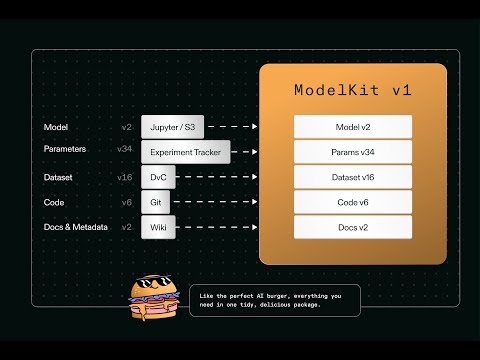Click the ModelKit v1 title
353,90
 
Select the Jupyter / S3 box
172,127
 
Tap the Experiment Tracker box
186,152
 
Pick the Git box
156,202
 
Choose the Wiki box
157,227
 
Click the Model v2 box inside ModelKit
353,127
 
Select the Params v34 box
353,152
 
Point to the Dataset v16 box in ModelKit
353,177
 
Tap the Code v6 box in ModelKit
353,202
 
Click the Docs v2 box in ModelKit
353,227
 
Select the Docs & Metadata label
75,227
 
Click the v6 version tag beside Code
127,202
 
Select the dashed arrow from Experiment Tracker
246,152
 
